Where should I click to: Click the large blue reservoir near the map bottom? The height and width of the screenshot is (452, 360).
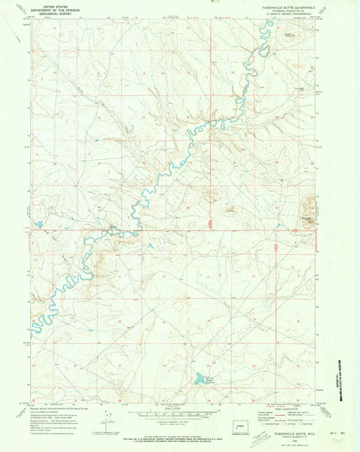pyautogui.click(x=201, y=380)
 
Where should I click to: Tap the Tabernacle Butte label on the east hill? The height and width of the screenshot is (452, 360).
pyautogui.click(x=307, y=219)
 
